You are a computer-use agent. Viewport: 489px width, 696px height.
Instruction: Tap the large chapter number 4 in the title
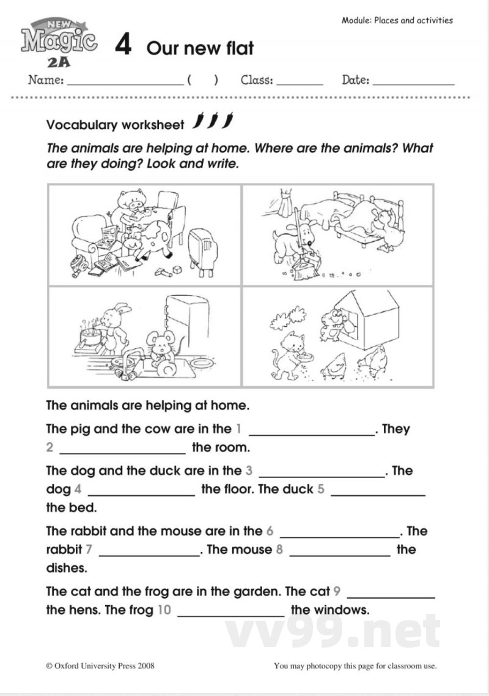(x=123, y=46)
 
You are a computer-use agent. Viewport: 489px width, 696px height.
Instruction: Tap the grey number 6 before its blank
(x=270, y=531)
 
